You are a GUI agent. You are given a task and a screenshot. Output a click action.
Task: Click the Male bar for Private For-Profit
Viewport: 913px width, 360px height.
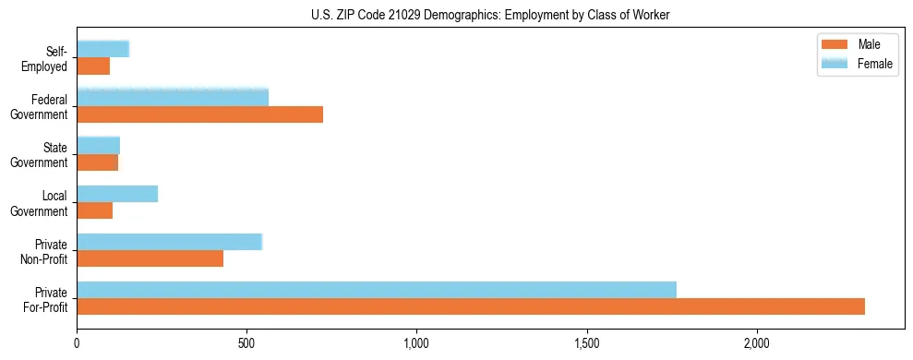[x=471, y=306]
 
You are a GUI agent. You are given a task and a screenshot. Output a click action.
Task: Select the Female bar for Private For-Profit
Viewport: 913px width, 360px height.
[x=377, y=290]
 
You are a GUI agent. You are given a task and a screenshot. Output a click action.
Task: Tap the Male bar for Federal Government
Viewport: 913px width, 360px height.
[x=199, y=114]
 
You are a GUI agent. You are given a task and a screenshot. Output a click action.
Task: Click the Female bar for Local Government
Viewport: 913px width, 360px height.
[x=117, y=194]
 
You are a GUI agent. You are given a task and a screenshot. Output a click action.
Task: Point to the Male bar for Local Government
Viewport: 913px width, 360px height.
[x=95, y=210]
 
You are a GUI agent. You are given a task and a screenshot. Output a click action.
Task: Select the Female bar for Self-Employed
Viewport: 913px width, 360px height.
[x=102, y=50]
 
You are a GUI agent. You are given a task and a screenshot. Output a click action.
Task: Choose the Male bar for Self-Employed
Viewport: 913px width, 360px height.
[x=93, y=66]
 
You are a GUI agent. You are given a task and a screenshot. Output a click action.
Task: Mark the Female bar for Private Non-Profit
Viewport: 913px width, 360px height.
[x=170, y=242]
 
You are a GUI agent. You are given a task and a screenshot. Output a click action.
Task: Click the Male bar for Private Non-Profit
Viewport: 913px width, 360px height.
[x=150, y=258]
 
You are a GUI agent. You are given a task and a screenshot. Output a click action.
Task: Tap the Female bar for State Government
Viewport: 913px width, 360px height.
[x=98, y=146]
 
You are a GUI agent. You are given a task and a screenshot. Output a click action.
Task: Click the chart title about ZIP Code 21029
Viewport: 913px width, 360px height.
[x=490, y=16]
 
